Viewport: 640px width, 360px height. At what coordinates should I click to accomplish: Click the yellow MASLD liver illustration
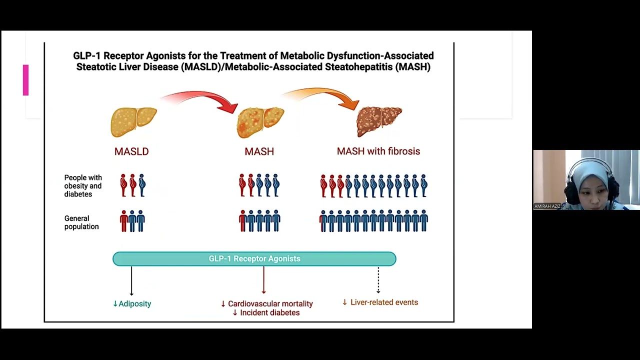click(x=133, y=122)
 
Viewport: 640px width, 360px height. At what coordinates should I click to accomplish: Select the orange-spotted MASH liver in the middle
click(x=260, y=122)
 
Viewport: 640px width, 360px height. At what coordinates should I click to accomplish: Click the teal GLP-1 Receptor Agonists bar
click(x=254, y=259)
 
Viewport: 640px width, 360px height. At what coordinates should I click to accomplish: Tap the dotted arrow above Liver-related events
click(x=378, y=280)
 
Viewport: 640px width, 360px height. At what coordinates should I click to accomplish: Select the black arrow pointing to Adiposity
click(x=131, y=281)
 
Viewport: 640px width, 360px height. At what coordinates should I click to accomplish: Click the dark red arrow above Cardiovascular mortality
click(x=263, y=280)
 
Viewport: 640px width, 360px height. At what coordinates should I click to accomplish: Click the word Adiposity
click(x=135, y=303)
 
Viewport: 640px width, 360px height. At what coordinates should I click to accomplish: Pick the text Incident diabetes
click(x=269, y=312)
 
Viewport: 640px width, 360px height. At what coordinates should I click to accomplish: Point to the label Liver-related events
click(x=384, y=302)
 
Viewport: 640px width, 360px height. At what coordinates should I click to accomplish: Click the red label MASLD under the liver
click(x=131, y=151)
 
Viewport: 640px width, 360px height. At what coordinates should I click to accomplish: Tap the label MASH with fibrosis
click(x=378, y=151)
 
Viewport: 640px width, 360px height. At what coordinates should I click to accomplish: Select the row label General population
click(x=81, y=222)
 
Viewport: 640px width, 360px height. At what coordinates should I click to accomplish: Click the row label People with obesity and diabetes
click(x=83, y=186)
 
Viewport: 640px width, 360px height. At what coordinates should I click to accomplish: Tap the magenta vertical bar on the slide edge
click(x=25, y=80)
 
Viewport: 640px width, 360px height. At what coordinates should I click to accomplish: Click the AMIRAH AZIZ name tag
click(x=547, y=206)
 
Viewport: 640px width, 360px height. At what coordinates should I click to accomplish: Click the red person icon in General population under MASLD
click(x=123, y=221)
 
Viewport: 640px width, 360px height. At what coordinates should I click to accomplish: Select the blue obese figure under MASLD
click(x=141, y=185)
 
